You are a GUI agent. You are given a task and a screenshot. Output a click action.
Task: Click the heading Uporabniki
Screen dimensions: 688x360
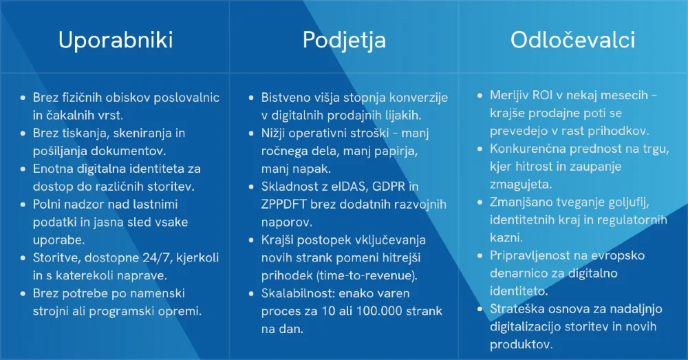[116, 40]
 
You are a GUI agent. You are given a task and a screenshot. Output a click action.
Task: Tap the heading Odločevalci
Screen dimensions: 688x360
[572, 40]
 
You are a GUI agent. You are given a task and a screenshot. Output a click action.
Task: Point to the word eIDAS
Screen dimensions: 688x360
[349, 187]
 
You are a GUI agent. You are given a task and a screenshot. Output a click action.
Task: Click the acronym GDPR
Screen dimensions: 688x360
[388, 187]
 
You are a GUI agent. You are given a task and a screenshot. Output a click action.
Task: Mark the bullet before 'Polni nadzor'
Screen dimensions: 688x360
[23, 204]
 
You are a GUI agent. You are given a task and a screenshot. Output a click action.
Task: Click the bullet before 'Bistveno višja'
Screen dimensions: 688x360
[251, 98]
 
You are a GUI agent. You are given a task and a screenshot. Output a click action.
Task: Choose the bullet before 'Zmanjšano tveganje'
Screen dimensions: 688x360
[480, 202]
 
